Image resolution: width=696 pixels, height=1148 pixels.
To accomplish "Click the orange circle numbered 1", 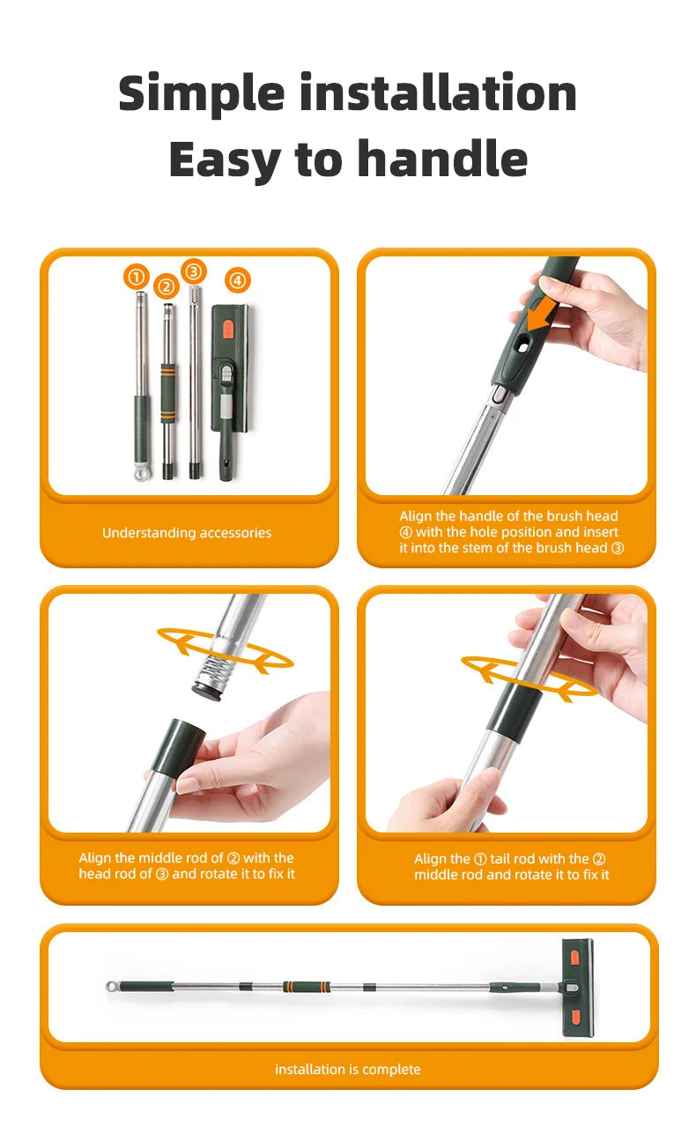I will point(136,277).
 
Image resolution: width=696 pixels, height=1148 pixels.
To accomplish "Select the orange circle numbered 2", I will point(166,287).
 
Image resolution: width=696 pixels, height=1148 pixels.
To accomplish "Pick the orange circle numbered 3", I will point(194,270).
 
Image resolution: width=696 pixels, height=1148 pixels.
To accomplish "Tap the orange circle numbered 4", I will point(237,281).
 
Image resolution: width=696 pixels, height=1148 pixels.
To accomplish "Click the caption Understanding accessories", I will point(187,533).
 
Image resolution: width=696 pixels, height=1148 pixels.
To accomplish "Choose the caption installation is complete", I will point(347,1070).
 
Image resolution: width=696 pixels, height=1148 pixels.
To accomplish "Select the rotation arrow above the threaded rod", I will point(224,649).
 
